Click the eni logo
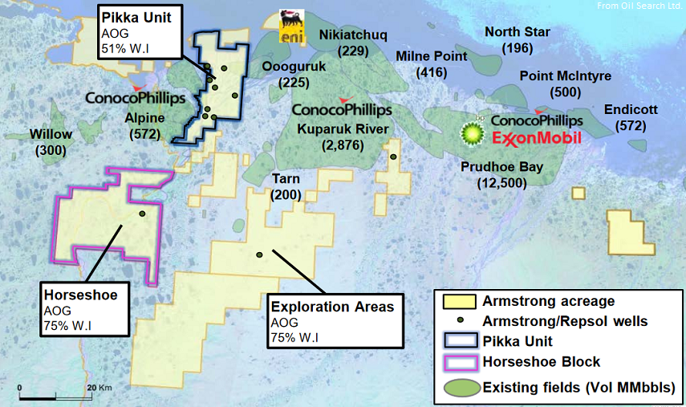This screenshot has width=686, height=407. pyautogui.click(x=290, y=26)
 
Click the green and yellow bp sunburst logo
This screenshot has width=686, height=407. pyautogui.click(x=473, y=130)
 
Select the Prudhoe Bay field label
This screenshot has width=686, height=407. pyautogui.click(x=501, y=167)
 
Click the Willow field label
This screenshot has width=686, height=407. pyautogui.click(x=50, y=134)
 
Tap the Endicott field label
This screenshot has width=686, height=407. pyautogui.click(x=631, y=111)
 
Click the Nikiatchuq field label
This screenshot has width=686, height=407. pyautogui.click(x=353, y=35)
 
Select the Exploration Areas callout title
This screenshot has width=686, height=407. pyautogui.click(x=332, y=307)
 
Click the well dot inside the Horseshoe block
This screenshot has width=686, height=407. pyautogui.click(x=142, y=214)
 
